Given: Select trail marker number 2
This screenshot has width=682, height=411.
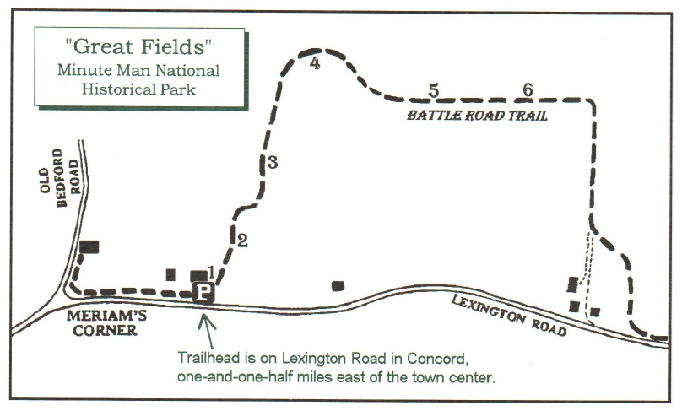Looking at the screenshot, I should pyautogui.click(x=242, y=241).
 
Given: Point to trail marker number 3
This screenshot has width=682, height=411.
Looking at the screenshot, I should pyautogui.click(x=272, y=163).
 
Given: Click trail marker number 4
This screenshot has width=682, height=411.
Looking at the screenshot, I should pyautogui.click(x=315, y=63).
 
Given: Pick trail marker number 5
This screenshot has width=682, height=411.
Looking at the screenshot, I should pyautogui.click(x=434, y=90).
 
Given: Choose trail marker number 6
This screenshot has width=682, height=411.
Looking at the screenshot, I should pyautogui.click(x=528, y=89).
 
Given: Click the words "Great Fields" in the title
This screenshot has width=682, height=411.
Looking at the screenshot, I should pyautogui.click(x=138, y=49).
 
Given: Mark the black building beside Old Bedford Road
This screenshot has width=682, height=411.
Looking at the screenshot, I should pyautogui.click(x=89, y=246).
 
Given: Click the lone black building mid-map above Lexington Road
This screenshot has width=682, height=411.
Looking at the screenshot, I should pyautogui.click(x=338, y=286).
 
